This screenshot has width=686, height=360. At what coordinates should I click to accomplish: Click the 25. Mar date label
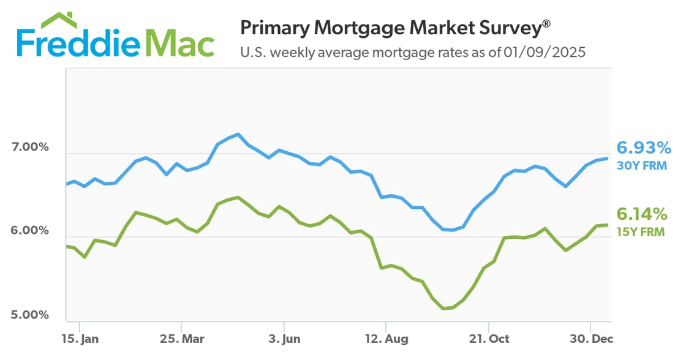(181, 339)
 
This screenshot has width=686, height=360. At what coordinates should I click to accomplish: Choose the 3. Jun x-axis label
(284, 339)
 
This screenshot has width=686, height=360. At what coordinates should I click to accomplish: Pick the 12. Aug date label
(385, 339)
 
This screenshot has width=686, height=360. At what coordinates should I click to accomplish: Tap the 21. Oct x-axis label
(488, 339)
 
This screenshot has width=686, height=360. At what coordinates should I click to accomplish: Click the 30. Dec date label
(590, 339)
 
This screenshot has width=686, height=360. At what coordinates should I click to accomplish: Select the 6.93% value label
(644, 148)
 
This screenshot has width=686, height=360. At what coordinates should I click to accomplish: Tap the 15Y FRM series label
(642, 231)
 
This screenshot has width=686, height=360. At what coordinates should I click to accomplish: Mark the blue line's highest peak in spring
(237, 133)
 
